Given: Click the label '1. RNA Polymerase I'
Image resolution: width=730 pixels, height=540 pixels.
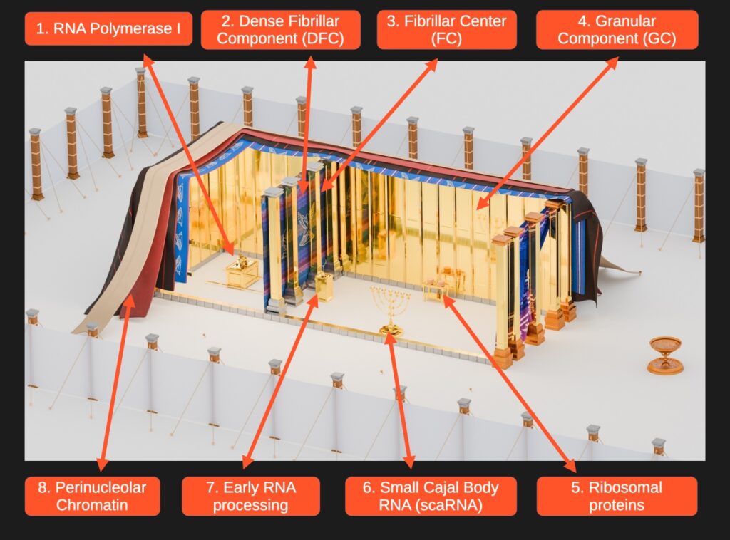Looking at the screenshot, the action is coord(108,28).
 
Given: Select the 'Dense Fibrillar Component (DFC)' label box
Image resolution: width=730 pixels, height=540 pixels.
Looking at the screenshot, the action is coord(280,29).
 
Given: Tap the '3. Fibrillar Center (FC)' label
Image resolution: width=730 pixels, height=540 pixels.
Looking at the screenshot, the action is coord(446,29).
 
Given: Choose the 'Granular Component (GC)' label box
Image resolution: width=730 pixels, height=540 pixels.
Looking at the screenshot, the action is coord(617,29).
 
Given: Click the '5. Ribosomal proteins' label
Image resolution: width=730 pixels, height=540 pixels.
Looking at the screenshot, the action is coord(617,497).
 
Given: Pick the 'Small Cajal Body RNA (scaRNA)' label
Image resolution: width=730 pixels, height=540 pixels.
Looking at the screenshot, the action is coord(431,497).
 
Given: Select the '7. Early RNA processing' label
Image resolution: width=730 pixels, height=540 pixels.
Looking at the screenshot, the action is coord(251,497).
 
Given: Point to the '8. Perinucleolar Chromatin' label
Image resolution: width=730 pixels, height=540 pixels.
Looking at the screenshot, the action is coord(92,497).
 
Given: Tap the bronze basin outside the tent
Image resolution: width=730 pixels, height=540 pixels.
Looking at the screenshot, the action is coord(665,354).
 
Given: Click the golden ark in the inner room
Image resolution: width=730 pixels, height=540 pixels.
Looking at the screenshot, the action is coord(242,272).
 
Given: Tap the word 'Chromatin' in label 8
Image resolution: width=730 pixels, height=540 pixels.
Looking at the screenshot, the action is coord(92,504).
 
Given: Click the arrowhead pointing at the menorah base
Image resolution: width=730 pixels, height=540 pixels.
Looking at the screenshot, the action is coord(390,338).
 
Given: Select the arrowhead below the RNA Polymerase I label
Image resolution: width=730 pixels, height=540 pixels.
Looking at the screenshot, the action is coord(148,61).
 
